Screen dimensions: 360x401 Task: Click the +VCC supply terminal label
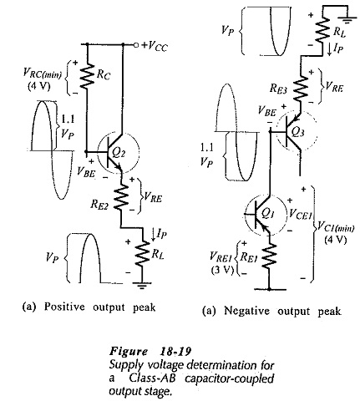[155, 46]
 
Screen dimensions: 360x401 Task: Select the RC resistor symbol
[87, 75]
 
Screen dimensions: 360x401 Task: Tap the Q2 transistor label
[119, 153]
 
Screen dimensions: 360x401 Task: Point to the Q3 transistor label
[297, 132]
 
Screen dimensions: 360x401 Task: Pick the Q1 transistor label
[268, 213]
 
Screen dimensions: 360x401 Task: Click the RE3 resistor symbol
[301, 87]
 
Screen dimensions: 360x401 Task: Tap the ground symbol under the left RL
[142, 286]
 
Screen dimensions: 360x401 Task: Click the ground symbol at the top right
[347, 19]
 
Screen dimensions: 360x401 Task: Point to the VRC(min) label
[43, 74]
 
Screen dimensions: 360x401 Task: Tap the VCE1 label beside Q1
[300, 214]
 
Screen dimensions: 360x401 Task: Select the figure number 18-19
[175, 352]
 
